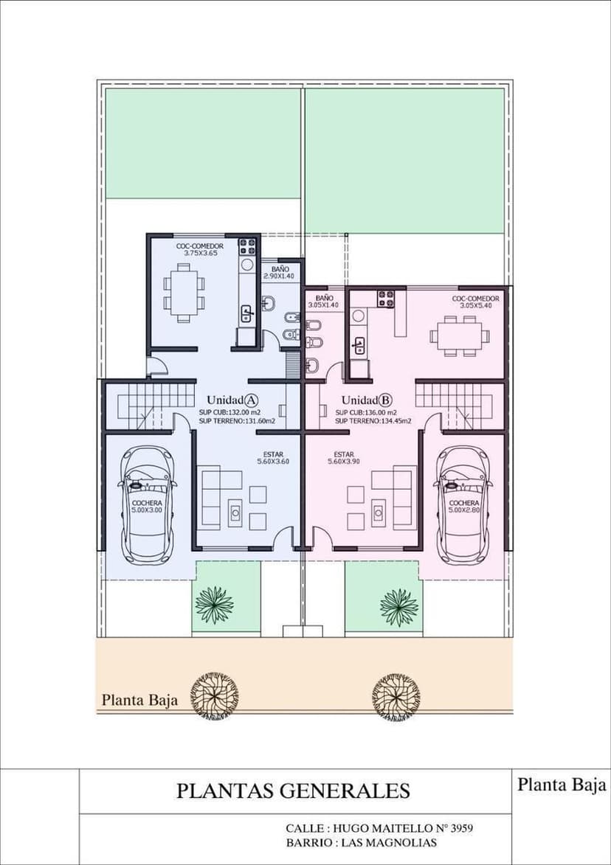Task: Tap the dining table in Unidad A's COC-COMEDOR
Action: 184,292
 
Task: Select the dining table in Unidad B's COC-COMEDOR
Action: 459,336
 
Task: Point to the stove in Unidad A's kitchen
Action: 247,246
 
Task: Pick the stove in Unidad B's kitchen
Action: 386,299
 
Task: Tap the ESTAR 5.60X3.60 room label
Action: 274,458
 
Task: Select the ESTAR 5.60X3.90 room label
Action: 344,458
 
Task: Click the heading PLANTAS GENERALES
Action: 293,791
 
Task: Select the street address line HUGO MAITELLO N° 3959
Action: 379,828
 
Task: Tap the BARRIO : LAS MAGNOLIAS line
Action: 362,842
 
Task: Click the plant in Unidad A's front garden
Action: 214,605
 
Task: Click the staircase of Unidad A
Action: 150,406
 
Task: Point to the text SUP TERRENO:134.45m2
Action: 373,421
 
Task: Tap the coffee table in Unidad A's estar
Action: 235,513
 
